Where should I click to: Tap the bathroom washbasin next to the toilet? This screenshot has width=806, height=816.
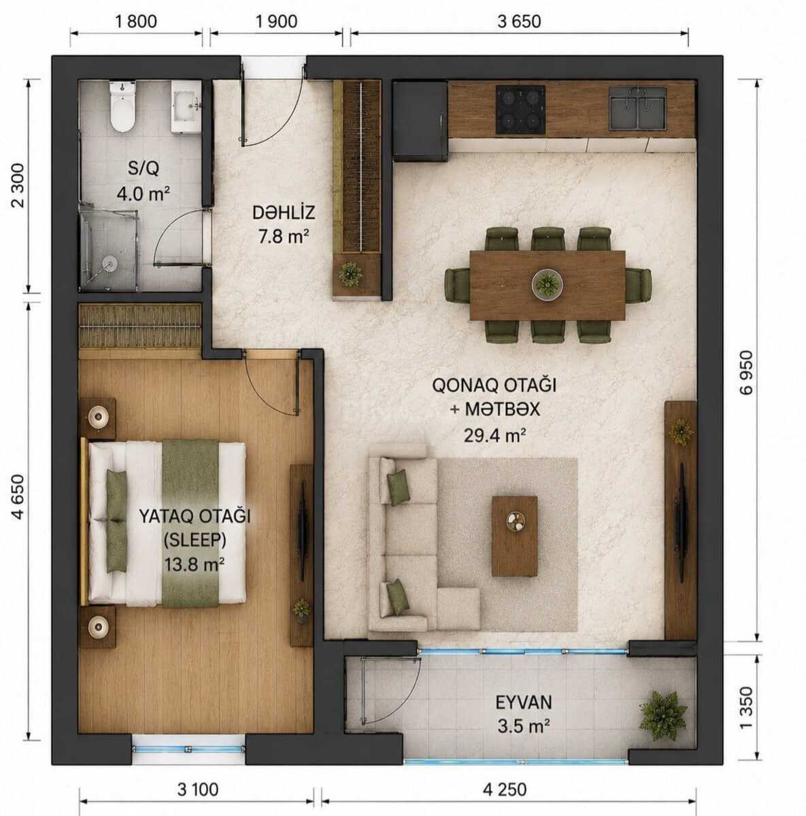pyautogui.click(x=186, y=107)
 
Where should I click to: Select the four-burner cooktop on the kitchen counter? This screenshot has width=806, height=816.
pyautogui.click(x=521, y=109)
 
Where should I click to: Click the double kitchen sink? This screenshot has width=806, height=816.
pyautogui.click(x=638, y=108)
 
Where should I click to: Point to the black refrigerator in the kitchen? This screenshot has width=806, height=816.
pyautogui.click(x=420, y=121)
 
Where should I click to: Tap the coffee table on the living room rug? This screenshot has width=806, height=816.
pyautogui.click(x=514, y=536)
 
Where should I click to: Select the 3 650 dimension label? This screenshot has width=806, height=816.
pyautogui.click(x=519, y=22)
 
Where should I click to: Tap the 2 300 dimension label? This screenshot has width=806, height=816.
pyautogui.click(x=18, y=185)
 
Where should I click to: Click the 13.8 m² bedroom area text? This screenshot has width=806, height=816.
pyautogui.click(x=195, y=564)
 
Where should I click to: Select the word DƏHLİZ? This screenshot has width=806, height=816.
pyautogui.click(x=284, y=212)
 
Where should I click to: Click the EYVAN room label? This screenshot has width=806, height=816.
pyautogui.click(x=524, y=702)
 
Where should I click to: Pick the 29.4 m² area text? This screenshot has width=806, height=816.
pyautogui.click(x=495, y=435)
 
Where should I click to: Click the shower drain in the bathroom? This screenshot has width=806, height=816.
pyautogui.click(x=110, y=265)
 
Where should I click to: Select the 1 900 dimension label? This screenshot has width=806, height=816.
pyautogui.click(x=276, y=22)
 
